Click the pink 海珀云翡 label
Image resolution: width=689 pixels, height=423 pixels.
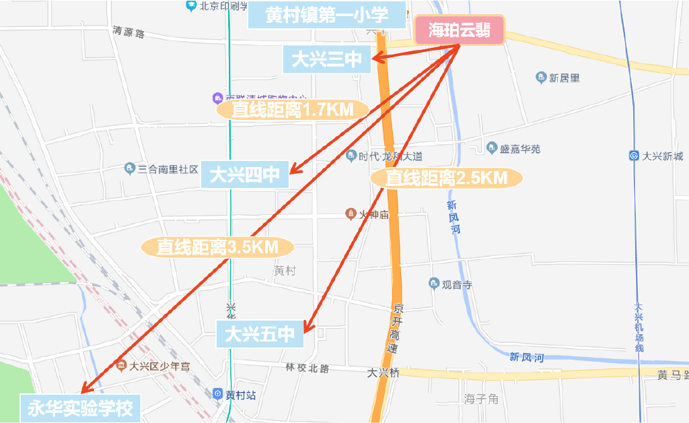tap(460, 30)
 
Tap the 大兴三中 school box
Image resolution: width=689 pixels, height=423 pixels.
tap(327, 60)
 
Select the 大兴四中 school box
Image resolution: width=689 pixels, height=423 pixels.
tap(245, 176)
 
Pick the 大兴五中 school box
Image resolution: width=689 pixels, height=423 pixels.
tap(260, 333)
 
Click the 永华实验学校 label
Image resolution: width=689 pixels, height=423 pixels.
tap(80, 408)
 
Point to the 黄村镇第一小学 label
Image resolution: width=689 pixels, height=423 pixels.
tap(327, 15)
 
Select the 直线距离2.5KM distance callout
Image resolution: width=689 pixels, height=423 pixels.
tap(446, 178)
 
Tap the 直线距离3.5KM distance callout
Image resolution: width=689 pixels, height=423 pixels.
tap(218, 247)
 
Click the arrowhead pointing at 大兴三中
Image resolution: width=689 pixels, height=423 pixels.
tap(378, 59)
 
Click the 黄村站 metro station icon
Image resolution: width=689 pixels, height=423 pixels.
tap(218, 395)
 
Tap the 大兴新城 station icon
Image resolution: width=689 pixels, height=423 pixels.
tap(634, 156)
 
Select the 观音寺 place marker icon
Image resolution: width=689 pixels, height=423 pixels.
tap(434, 284)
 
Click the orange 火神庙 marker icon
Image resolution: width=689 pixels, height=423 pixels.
tap(351, 214)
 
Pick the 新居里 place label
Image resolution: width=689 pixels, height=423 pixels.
tap(564, 78)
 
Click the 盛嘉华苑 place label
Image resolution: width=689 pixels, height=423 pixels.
tap(520, 149)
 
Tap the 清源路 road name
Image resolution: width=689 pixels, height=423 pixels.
tap(129, 32)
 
